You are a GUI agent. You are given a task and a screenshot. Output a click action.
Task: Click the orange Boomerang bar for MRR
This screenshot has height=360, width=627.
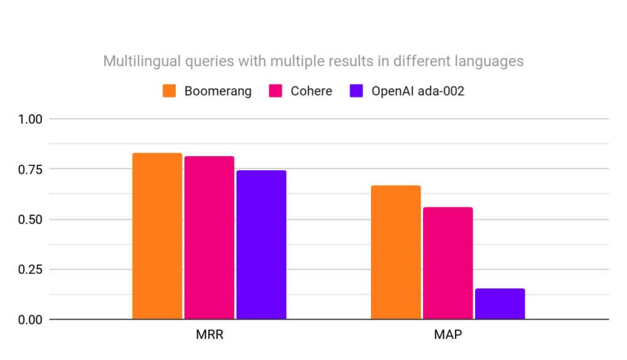tap(157, 236)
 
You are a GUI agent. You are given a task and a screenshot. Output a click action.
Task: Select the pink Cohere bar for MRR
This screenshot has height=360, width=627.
tap(209, 238)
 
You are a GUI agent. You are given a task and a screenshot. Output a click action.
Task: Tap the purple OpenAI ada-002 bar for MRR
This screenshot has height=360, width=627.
tap(261, 244)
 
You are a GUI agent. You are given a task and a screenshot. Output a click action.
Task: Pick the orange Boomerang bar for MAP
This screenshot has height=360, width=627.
tap(396, 252)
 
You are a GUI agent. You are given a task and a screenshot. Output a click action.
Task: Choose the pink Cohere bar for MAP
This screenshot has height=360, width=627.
tap(448, 263)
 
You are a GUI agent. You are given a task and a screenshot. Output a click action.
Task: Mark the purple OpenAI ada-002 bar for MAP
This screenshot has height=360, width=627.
tap(500, 304)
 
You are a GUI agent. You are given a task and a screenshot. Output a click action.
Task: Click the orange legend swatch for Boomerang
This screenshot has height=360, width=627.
tap(170, 91)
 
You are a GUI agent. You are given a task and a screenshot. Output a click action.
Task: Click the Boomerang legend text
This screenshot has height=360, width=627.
tap(218, 91)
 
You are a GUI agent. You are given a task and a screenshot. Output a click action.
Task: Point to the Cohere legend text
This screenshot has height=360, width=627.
tap(312, 91)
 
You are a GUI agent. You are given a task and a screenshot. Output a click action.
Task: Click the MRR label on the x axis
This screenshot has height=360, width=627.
tap(209, 336)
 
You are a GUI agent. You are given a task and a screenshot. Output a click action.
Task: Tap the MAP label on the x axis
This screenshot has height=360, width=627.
tap(448, 336)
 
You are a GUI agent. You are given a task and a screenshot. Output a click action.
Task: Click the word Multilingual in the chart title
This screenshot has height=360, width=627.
tap(137, 61)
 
